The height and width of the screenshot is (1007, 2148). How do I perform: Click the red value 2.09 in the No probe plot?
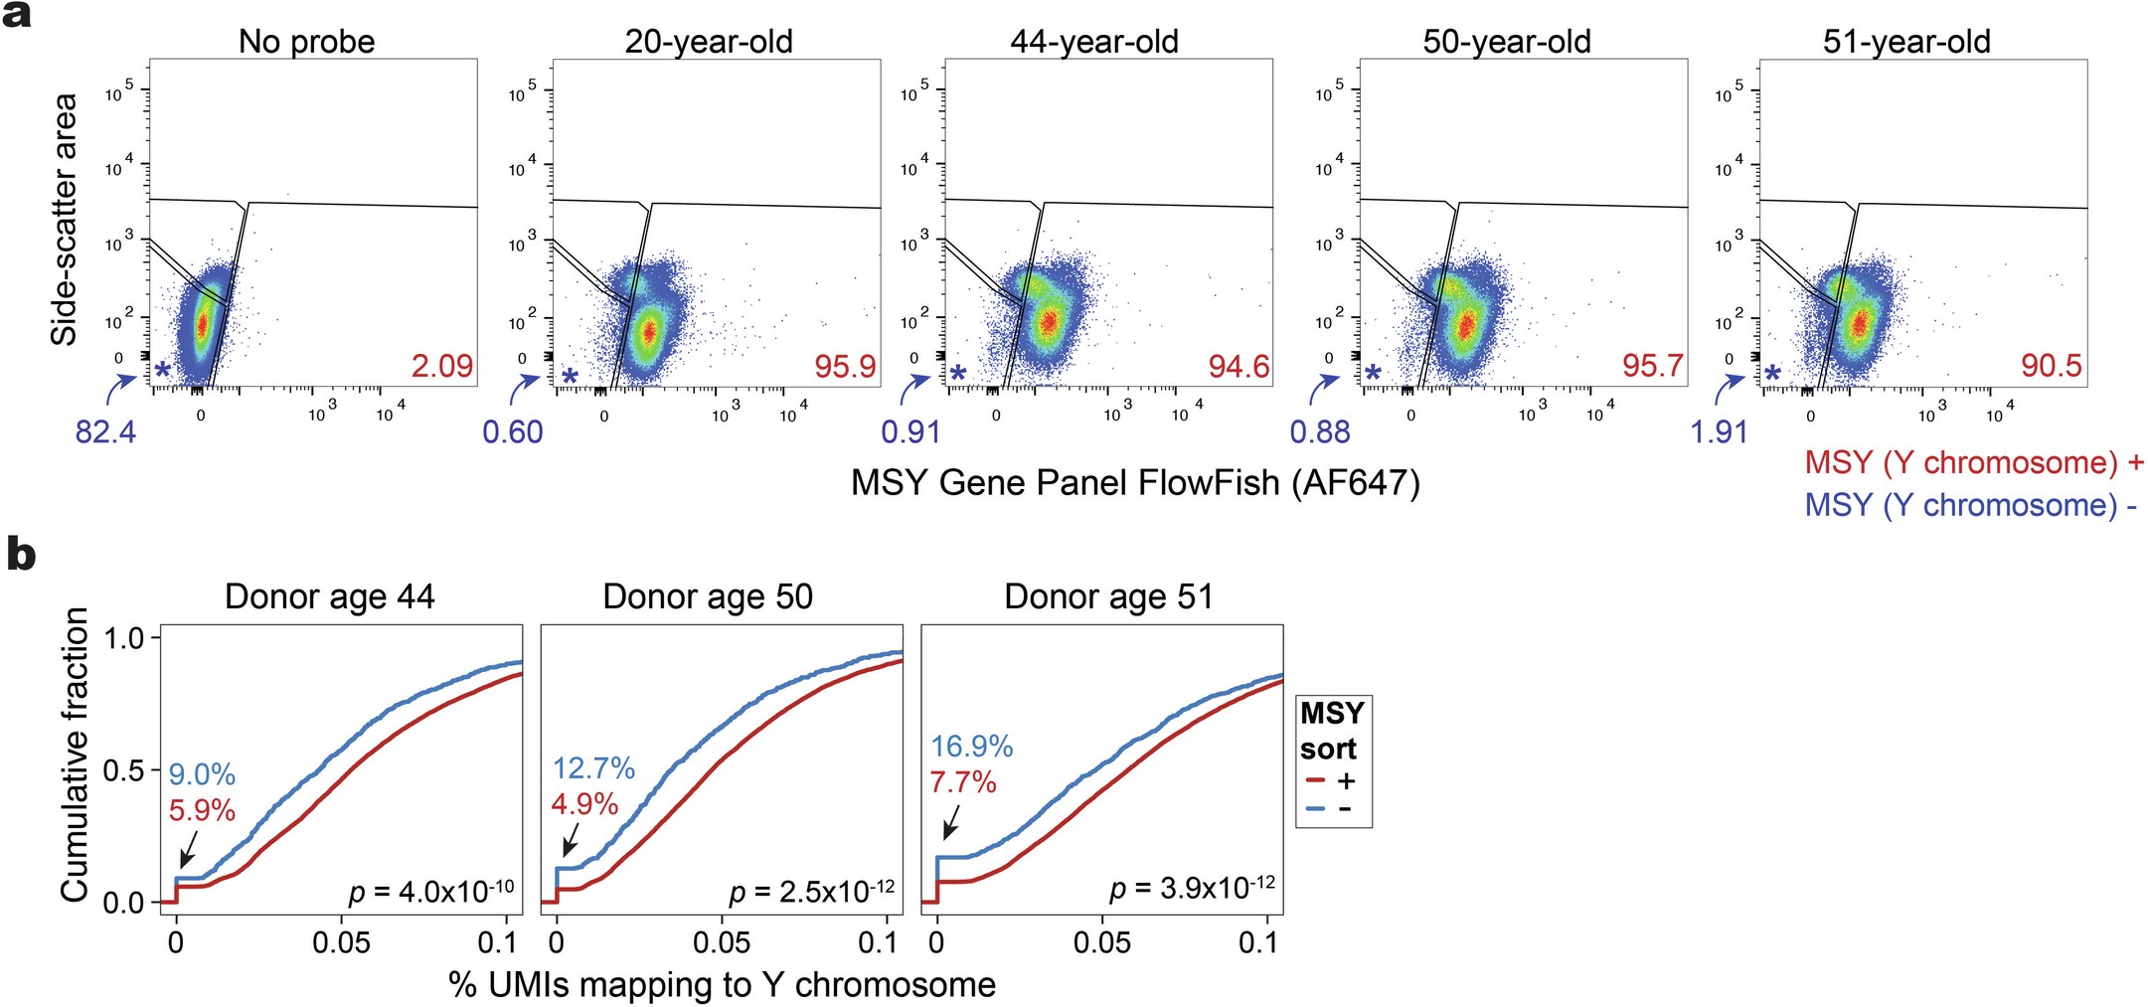(441, 366)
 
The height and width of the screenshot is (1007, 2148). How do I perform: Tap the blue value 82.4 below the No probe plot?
(105, 432)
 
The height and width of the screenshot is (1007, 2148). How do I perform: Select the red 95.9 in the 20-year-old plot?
(845, 366)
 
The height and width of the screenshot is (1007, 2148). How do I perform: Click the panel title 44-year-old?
(1093, 42)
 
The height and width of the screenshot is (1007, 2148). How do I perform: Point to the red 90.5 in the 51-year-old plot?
(2051, 366)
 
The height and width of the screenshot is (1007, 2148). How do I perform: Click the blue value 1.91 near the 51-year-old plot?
(1719, 432)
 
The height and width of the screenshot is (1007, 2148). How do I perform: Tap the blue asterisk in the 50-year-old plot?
(1373, 373)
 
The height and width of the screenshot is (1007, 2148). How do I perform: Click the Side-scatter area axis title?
(65, 220)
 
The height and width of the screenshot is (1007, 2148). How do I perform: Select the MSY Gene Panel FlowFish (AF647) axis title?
(1135, 483)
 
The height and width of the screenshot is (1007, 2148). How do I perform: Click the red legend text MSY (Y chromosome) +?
(1974, 462)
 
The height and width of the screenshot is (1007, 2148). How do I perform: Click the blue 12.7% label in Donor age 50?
(593, 767)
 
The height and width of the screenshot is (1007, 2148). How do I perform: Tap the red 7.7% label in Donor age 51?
(962, 782)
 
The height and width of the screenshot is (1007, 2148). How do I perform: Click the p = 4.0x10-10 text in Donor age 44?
(431, 891)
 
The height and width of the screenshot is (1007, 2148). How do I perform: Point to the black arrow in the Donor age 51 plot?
(950, 822)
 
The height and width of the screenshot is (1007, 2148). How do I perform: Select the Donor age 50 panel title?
(708, 596)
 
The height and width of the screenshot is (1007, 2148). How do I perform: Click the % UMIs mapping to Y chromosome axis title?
(722, 984)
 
